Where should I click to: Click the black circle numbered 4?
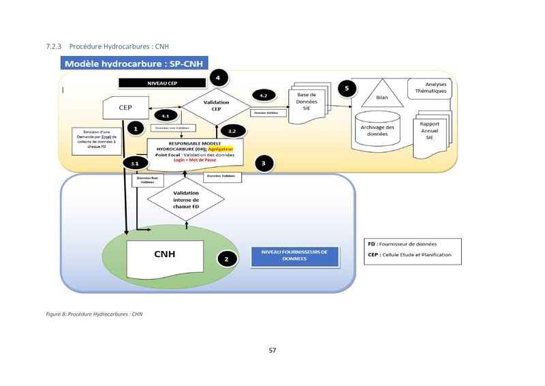217,78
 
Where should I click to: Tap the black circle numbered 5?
347,89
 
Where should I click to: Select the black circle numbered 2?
226,259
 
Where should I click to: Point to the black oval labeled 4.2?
263,95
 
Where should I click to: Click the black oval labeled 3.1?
135,164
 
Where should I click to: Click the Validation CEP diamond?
216,106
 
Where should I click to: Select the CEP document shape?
126,108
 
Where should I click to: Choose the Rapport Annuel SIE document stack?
429,128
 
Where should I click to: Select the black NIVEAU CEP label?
162,83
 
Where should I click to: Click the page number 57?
272,351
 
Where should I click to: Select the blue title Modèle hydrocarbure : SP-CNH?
137,64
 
